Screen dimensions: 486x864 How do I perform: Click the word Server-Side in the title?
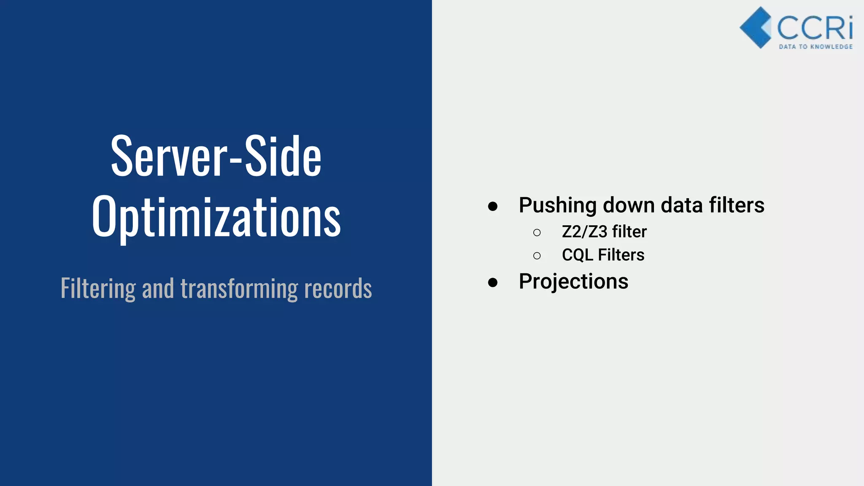point(216,156)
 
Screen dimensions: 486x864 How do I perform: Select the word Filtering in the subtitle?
point(98,289)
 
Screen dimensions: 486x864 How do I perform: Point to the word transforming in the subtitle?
point(239,289)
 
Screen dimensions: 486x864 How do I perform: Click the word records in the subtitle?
point(338,289)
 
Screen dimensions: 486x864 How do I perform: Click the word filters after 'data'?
point(737,205)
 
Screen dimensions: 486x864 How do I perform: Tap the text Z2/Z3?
point(584,232)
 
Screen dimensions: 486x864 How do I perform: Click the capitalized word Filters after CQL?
point(621,255)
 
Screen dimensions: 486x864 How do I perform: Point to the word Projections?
point(573,282)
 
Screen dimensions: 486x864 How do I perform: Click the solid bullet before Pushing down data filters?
point(492,206)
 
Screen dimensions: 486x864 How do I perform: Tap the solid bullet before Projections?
point(492,282)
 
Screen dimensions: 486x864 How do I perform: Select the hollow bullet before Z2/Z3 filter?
point(537,232)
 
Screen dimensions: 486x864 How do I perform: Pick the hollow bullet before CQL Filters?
point(537,256)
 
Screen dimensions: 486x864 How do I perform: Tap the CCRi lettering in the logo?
point(815,28)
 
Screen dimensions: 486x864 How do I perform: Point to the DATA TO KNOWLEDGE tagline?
point(815,47)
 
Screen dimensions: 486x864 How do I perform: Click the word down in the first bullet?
point(629,205)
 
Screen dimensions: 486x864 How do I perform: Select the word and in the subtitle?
point(158,289)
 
